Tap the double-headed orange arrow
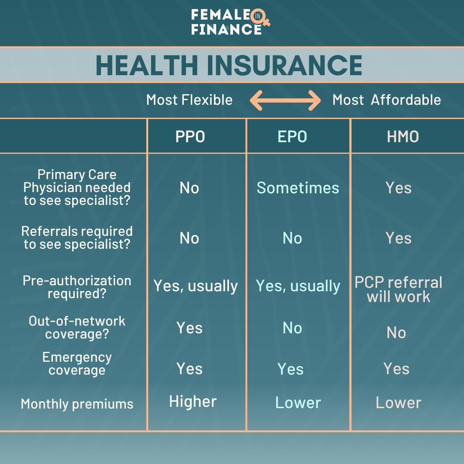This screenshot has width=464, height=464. pyautogui.click(x=285, y=101)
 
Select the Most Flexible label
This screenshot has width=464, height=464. pyautogui.click(x=189, y=100)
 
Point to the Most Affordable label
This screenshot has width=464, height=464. pyautogui.click(x=387, y=100)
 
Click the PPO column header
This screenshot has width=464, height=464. pyautogui.click(x=190, y=137)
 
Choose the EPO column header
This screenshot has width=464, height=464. pyautogui.click(x=293, y=137)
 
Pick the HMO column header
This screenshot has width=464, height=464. pyautogui.click(x=403, y=137)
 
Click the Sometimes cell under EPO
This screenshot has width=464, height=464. pyautogui.click(x=298, y=188)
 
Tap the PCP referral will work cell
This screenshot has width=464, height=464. pyautogui.click(x=398, y=290)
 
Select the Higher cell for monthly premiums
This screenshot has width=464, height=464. pyautogui.click(x=193, y=401)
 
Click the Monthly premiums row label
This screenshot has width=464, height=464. pyautogui.click(x=77, y=404)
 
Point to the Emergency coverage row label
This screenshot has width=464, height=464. pyautogui.click(x=77, y=364)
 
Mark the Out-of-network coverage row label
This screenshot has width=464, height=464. pyautogui.click(x=77, y=327)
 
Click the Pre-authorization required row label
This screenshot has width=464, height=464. pyautogui.click(x=77, y=287)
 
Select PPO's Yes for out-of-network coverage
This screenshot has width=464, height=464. pyautogui.click(x=189, y=328)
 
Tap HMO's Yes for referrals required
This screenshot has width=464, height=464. pyautogui.click(x=398, y=238)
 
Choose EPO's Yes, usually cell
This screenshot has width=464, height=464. pyautogui.click(x=298, y=286)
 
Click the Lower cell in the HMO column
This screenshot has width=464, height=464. pyautogui.click(x=398, y=403)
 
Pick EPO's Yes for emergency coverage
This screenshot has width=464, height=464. pyautogui.click(x=290, y=369)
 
